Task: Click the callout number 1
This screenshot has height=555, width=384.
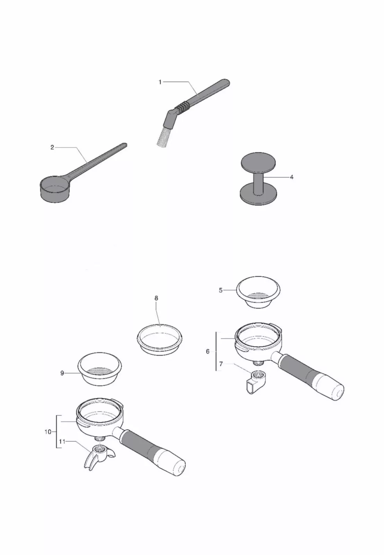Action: (x=160, y=82)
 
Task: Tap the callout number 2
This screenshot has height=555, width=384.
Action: (x=52, y=147)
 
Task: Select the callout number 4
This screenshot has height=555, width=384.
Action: (x=292, y=177)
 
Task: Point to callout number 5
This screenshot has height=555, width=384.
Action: (x=221, y=290)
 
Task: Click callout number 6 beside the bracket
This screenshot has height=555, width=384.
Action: (x=208, y=351)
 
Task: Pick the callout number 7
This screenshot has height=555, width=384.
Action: (x=221, y=364)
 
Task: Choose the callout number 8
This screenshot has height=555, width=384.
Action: (x=156, y=298)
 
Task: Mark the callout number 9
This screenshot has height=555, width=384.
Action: (x=62, y=373)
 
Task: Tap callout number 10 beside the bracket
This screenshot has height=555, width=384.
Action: (x=48, y=432)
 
